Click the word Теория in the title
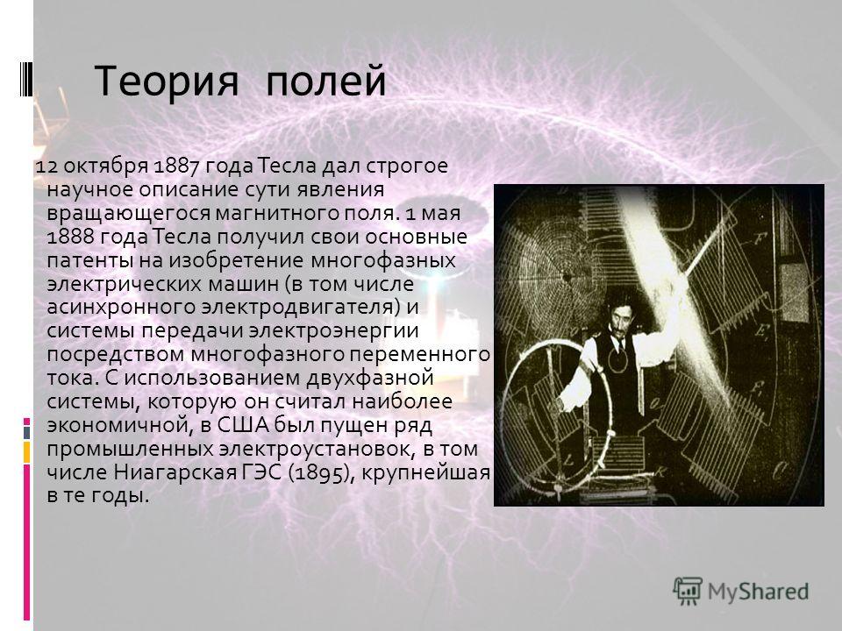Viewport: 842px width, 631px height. [167, 81]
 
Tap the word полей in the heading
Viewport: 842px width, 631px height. [326, 81]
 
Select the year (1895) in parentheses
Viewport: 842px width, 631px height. [322, 473]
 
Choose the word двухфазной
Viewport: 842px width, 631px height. [370, 379]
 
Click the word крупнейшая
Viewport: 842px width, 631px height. [426, 473]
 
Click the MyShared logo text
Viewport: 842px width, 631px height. [758, 592]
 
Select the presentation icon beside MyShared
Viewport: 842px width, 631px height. [688, 592]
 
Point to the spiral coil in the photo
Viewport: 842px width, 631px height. [561, 276]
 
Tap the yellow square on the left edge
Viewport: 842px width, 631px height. [26, 452]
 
